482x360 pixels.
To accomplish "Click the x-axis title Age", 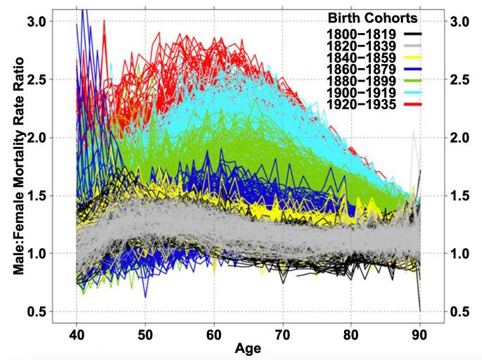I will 247,348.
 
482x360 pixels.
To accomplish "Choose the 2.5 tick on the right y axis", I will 459,79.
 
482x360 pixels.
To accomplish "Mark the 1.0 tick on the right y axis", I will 459,253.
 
